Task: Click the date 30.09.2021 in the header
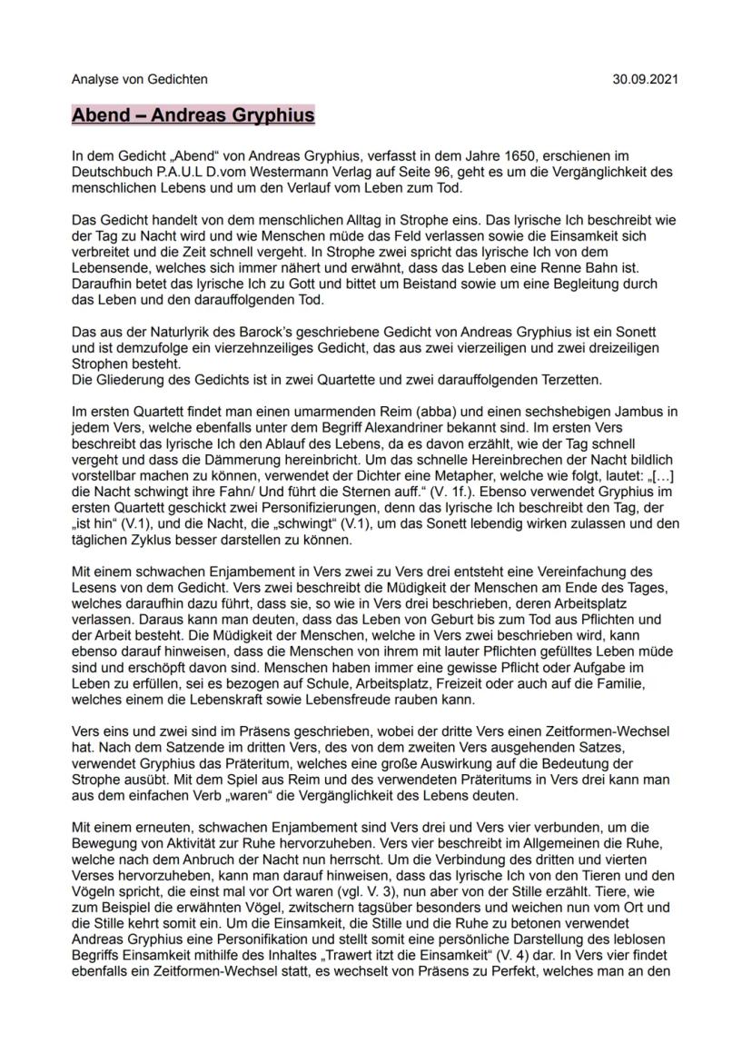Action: coord(647,79)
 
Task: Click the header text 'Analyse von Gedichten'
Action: coord(139,79)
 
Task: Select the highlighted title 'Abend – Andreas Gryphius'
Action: coord(193,115)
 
